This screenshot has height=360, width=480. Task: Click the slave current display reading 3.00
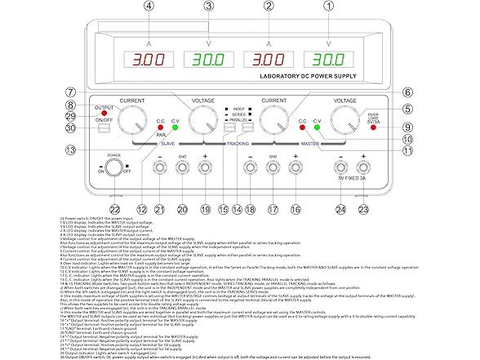tap(149, 60)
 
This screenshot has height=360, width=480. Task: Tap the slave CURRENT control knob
tap(132, 122)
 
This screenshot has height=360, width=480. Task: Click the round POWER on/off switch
tap(113, 171)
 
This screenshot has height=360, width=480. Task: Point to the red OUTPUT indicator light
tap(103, 109)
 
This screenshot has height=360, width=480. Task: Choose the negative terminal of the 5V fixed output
tap(340, 168)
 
